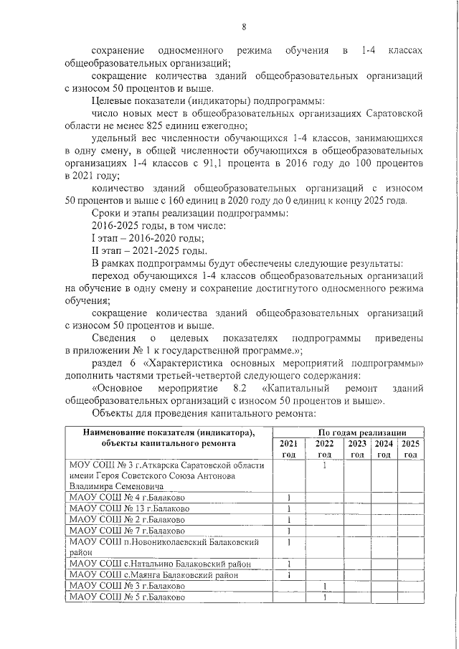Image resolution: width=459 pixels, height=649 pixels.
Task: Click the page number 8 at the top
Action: click(244, 27)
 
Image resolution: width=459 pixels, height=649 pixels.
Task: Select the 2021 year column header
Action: click(288, 449)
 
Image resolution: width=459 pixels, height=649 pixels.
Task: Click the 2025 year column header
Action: click(410, 449)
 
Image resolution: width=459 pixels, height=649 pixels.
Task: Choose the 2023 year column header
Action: click(356, 449)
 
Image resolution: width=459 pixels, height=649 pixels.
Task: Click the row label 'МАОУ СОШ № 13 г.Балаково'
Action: click(130, 508)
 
